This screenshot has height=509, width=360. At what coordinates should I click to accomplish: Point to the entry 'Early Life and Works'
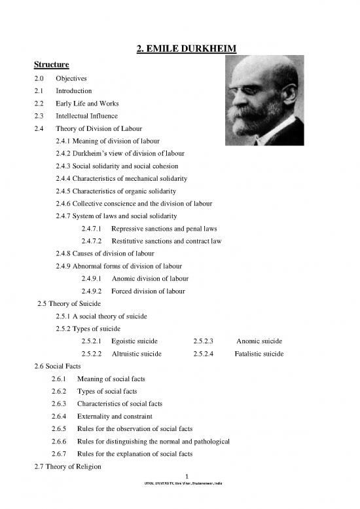coord(88,104)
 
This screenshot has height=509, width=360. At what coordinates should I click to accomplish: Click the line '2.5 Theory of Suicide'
coord(71,303)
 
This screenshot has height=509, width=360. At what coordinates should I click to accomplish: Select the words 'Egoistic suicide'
coord(136,341)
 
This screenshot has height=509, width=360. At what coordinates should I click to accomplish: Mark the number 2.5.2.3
coord(207,341)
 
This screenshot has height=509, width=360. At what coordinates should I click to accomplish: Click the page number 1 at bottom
coord(187,476)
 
